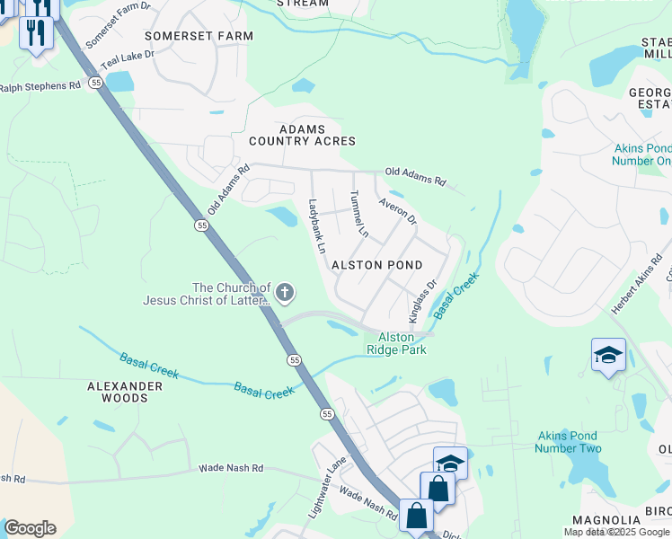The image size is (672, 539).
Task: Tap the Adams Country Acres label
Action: pyautogui.click(x=302, y=135)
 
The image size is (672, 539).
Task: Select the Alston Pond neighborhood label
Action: pyautogui.click(x=376, y=266)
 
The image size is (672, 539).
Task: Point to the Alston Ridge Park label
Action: pyautogui.click(x=395, y=343)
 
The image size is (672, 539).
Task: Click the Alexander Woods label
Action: pyautogui.click(x=125, y=392)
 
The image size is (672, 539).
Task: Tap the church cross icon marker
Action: pyautogui.click(x=285, y=291)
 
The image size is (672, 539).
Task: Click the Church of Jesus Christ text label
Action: pyautogui.click(x=207, y=294)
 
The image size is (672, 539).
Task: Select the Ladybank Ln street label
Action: pyautogui.click(x=316, y=225)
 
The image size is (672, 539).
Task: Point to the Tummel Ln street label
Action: pyautogui.click(x=358, y=214)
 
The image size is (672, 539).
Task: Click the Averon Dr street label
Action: pyautogui.click(x=397, y=212)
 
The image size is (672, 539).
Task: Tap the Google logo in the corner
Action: pyautogui.click(x=30, y=527)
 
